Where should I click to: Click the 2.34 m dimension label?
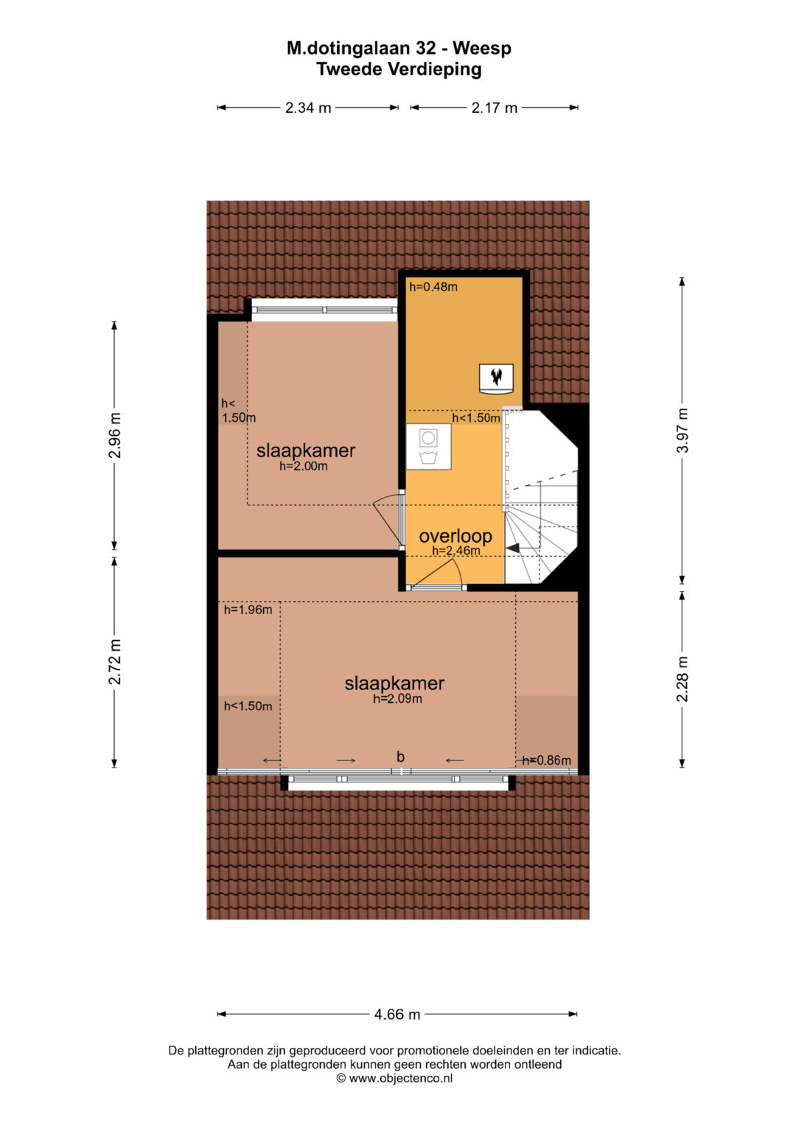click(307, 108)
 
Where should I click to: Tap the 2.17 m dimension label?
click(494, 108)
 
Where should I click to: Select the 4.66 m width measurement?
click(397, 1014)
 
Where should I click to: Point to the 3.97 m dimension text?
click(682, 430)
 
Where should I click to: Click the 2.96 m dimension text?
click(114, 435)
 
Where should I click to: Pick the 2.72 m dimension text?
click(114, 661)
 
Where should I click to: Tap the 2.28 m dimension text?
click(682, 678)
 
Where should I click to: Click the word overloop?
click(455, 536)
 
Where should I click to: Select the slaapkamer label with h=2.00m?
click(306, 451)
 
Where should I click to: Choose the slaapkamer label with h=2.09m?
click(394, 683)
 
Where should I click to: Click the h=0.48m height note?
click(433, 287)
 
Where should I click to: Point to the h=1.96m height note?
click(248, 610)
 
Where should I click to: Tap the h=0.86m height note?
click(546, 760)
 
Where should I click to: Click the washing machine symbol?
click(429, 446)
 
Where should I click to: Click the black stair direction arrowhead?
click(514, 549)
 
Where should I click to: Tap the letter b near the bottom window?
click(400, 756)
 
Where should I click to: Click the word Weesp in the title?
click(481, 48)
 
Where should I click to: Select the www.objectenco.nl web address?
click(400, 1078)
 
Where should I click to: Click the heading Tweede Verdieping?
click(399, 69)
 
